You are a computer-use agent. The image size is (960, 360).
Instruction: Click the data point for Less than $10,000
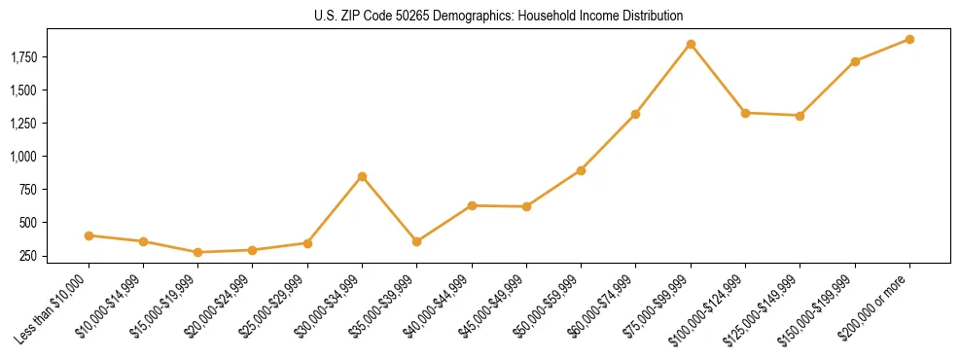pos(89,235)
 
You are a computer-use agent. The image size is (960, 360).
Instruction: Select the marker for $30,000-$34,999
pos(362,176)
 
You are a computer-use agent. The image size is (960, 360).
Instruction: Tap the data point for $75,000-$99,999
pos(691,44)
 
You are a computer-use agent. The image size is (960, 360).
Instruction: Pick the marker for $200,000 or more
pos(909,39)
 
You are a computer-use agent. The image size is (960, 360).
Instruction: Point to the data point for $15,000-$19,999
pos(197,252)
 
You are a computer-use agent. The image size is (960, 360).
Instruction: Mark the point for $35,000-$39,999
pos(416,241)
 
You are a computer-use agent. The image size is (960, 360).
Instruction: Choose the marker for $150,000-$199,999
pos(855,61)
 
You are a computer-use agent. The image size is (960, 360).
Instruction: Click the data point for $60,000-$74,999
pos(635,114)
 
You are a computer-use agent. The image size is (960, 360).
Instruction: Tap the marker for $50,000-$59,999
pos(581,170)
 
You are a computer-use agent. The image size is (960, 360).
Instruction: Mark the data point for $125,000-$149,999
pos(800,116)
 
